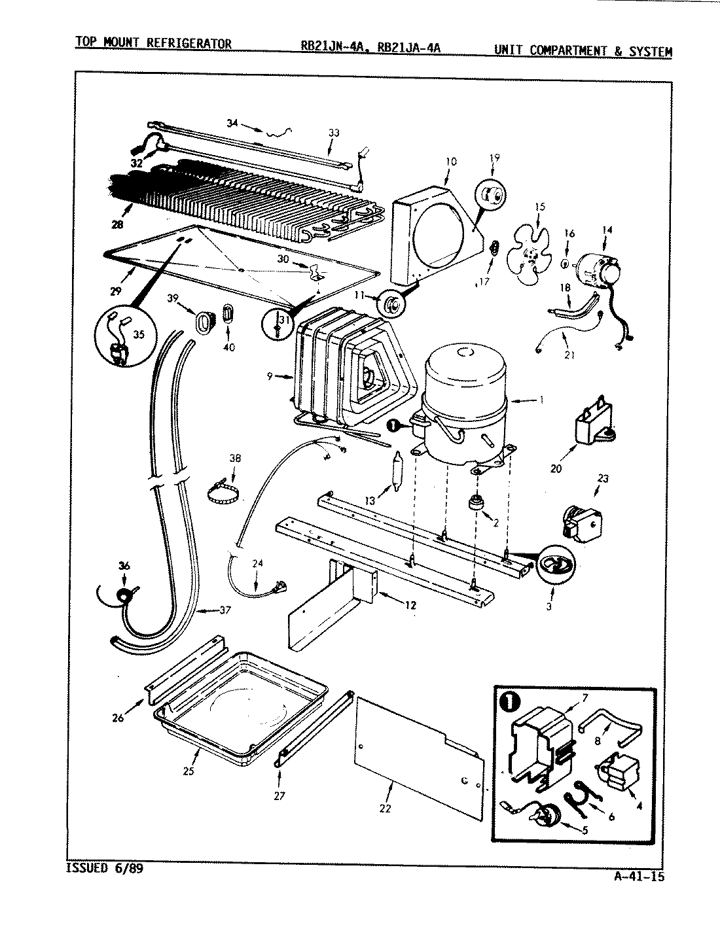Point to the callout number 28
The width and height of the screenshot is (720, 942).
point(117,225)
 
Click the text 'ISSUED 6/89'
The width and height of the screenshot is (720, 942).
point(104,869)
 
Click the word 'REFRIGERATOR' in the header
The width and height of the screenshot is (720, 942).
point(190,44)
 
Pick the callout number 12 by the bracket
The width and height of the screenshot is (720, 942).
point(410,605)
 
